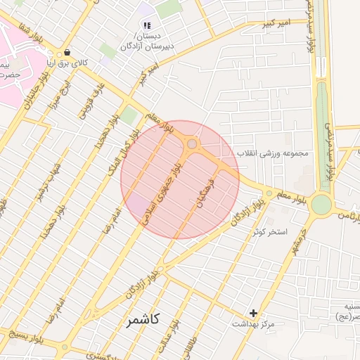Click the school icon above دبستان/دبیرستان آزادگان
147,25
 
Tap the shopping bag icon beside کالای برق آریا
67,52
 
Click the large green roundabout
321,204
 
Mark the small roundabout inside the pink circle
192,144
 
